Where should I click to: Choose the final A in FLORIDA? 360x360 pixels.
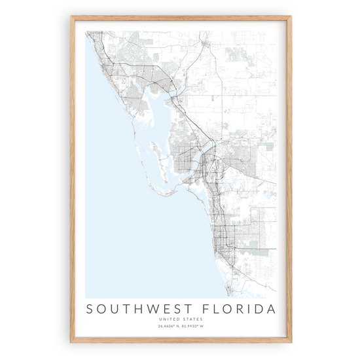point(270,308)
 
